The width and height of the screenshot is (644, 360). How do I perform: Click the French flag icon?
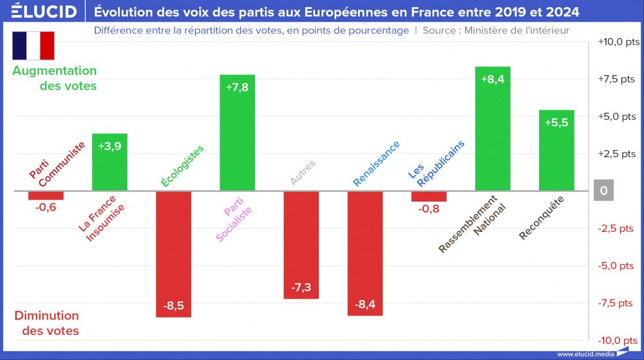tap(33, 45)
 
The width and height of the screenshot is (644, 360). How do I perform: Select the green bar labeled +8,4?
tap(493, 129)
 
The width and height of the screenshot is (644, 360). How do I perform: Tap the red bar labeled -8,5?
tap(174, 254)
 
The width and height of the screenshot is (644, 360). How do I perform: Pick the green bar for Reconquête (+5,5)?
tap(556, 150)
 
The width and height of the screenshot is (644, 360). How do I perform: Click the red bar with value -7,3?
tap(301, 245)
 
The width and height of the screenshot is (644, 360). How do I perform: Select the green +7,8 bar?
tap(238, 133)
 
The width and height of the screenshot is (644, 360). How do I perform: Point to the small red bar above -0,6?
tap(46, 196)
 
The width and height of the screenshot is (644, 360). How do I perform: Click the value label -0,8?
tap(429, 209)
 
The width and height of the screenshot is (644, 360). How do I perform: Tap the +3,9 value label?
tap(109, 146)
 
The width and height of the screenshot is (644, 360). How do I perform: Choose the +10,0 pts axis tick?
tap(619, 42)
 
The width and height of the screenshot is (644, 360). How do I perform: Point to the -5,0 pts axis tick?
tap(616, 266)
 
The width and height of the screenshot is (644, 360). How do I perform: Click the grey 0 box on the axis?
tap(603, 191)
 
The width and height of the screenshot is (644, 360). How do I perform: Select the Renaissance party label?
tap(376, 164)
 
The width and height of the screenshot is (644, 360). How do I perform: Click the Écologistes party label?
tap(182, 166)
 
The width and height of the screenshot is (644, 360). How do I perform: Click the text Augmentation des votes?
tap(55, 78)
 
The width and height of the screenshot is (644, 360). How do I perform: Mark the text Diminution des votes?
tap(47, 323)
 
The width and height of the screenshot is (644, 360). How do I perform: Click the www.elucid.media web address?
tap(583, 354)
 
